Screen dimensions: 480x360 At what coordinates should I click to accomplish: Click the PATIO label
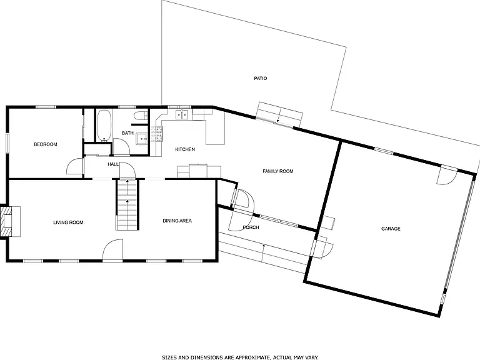click(x=261, y=78)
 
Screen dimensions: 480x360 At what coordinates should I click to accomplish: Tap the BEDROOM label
click(x=46, y=144)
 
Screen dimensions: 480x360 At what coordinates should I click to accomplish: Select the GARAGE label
click(x=391, y=229)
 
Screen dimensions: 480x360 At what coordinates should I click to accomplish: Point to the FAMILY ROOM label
click(x=278, y=171)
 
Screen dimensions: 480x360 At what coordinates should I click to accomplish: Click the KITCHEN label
click(x=185, y=149)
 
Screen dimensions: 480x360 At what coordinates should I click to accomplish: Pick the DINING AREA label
click(x=177, y=221)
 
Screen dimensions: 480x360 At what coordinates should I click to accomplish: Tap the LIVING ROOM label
click(x=68, y=222)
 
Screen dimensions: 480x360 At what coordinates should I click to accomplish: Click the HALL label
click(x=113, y=164)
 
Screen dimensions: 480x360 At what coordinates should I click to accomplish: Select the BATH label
click(x=127, y=133)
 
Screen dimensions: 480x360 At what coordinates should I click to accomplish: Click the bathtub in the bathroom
click(x=104, y=126)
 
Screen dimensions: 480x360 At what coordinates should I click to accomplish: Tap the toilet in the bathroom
click(x=141, y=116)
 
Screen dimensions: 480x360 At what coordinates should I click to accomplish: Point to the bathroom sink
click(x=142, y=139)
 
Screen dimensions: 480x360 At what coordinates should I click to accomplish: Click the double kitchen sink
click(x=182, y=114)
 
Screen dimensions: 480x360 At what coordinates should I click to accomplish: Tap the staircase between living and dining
click(x=127, y=204)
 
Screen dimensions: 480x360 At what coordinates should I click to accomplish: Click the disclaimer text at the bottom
click(x=240, y=357)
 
